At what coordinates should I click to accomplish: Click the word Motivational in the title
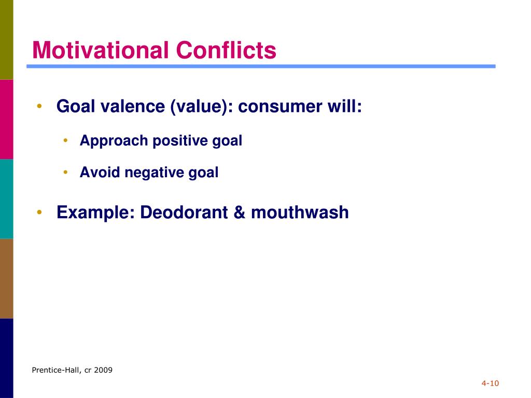click(100, 50)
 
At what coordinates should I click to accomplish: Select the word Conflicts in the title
click(226, 50)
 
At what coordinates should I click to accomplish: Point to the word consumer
click(280, 106)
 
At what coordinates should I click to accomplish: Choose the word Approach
click(114, 141)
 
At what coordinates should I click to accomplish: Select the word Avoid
click(100, 172)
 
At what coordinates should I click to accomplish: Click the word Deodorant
click(184, 212)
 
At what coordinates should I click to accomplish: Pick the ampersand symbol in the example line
click(240, 212)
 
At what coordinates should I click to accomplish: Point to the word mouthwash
click(300, 212)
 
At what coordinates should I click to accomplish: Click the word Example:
click(96, 213)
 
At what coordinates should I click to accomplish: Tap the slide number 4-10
click(490, 383)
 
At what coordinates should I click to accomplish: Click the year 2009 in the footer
click(103, 370)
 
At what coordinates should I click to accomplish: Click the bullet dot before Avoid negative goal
click(66, 172)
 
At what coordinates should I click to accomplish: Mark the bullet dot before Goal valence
click(39, 106)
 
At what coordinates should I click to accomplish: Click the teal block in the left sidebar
click(6, 199)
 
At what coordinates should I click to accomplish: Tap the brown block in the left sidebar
click(6, 278)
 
